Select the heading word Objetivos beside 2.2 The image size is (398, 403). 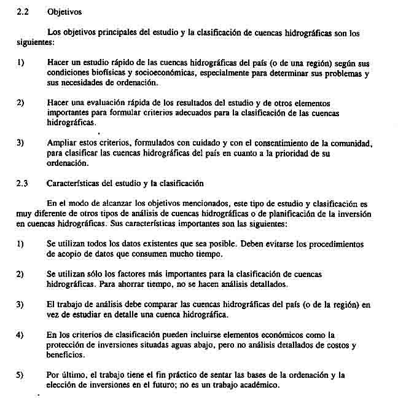click(x=63, y=12)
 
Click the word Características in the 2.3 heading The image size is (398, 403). click(x=72, y=183)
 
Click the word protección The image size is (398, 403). click(x=67, y=345)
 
